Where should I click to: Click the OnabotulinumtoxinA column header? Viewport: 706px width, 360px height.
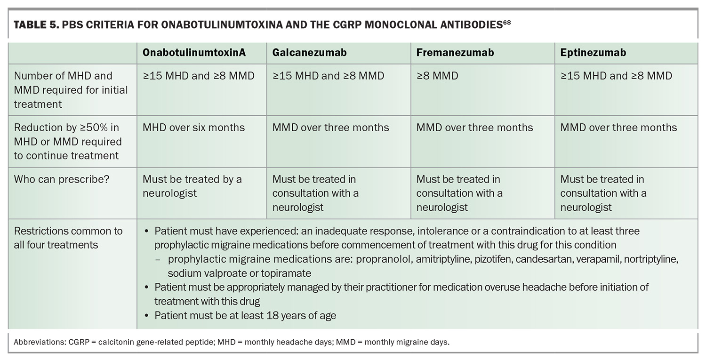tap(194, 52)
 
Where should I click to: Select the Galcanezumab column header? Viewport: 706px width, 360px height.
tap(309, 52)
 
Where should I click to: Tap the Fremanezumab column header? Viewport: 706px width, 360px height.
tap(455, 52)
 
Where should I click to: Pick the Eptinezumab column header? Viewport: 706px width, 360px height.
tap(593, 52)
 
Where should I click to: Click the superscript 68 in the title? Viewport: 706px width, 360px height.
tap(506, 23)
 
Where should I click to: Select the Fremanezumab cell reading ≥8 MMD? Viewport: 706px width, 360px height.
tap(437, 76)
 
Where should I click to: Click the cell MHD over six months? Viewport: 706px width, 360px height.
tap(193, 128)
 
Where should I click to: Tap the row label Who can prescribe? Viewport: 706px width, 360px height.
tap(62, 179)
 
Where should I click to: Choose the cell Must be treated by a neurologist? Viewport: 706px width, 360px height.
tap(192, 186)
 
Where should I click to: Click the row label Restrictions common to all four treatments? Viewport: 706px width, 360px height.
tap(68, 238)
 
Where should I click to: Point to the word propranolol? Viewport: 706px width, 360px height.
tap(384, 259)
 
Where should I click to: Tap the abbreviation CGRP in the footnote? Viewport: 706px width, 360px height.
tap(79, 342)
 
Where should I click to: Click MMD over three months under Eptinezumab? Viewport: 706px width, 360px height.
tap(618, 128)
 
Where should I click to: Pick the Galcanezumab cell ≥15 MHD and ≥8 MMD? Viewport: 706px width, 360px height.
tap(328, 76)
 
